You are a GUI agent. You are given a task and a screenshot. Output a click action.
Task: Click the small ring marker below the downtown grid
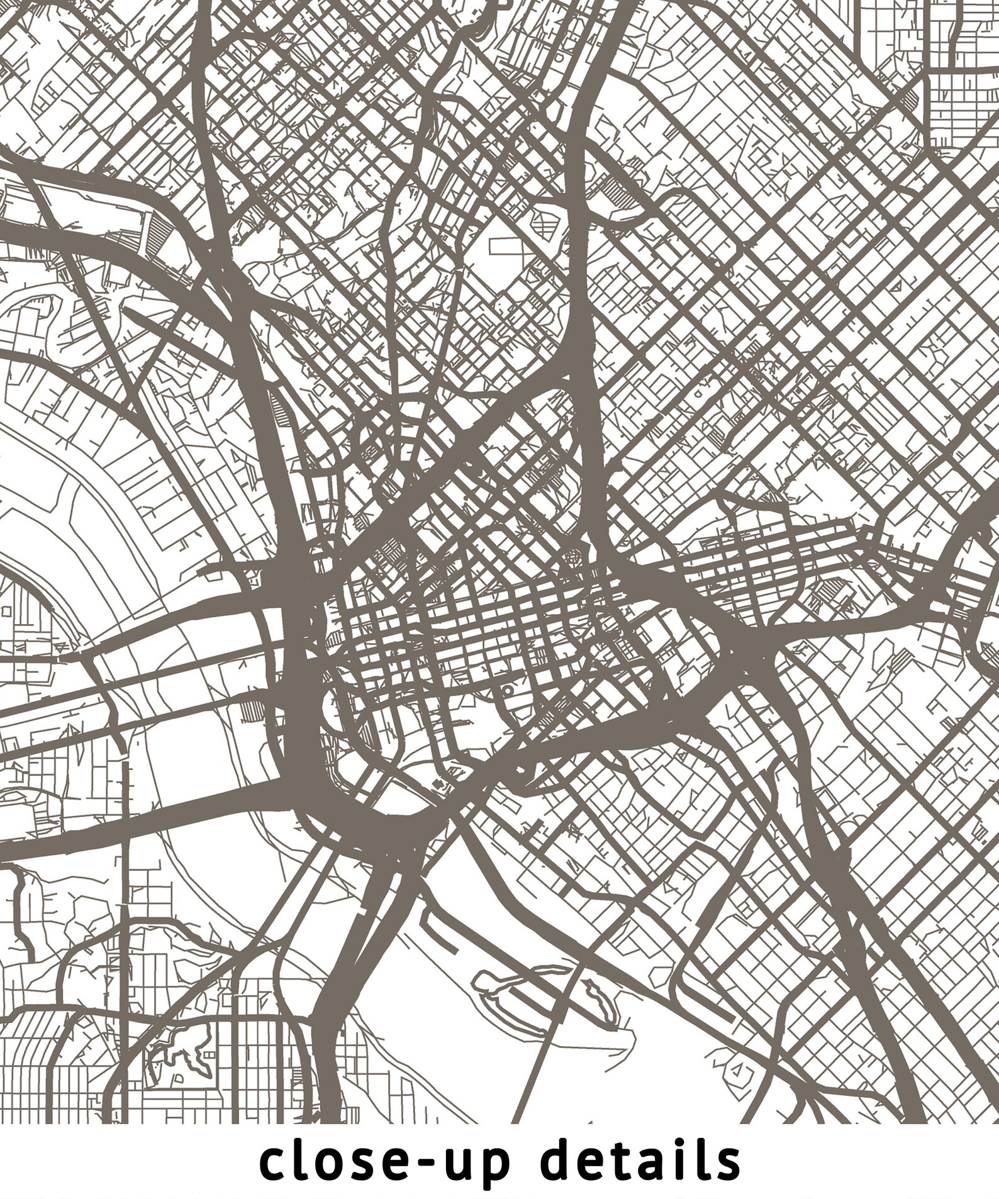[507, 690]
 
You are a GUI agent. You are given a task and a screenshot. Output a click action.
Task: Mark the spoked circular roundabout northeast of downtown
[572, 557]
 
